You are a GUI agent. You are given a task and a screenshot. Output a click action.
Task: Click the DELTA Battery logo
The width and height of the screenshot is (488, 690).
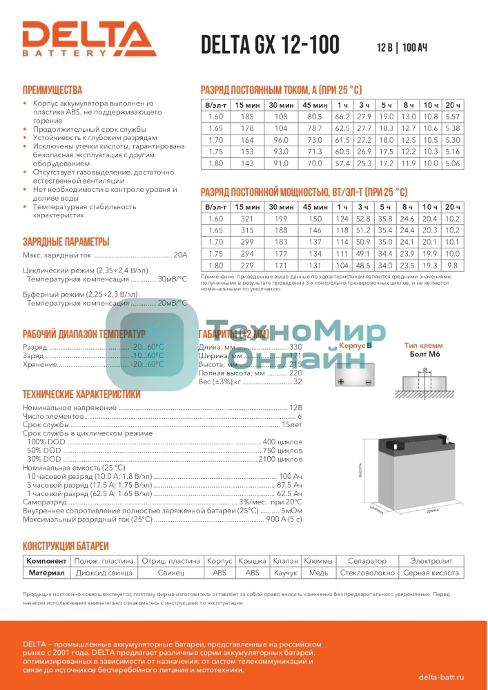pos(89,38)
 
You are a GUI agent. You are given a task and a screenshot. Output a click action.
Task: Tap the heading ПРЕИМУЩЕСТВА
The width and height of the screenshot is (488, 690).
pos(52,90)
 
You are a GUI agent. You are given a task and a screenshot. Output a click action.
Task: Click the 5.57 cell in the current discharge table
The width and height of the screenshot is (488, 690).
pos(453,116)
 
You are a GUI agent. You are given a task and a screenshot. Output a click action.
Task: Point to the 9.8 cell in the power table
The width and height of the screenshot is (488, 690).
pos(453,265)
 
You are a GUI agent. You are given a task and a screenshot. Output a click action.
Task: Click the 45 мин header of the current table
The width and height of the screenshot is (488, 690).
pos(315,104)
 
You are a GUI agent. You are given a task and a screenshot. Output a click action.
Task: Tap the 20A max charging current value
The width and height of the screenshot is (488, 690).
pos(180,255)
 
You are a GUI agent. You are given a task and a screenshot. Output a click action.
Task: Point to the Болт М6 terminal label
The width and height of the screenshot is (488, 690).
pos(424,354)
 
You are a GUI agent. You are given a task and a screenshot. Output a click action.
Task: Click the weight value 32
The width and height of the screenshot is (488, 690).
pos(297,382)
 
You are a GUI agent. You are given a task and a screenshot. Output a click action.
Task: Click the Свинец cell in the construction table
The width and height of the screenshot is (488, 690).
pos(170,573)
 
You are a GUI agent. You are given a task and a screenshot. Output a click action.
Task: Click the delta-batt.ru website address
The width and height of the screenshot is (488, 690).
pos(441,679)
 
